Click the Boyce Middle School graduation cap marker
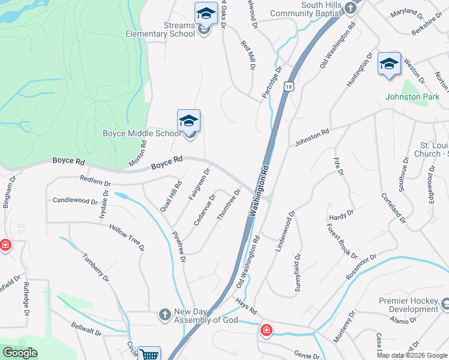tap(188, 121)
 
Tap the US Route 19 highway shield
tap(290, 87)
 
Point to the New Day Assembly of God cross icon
tap(164, 314)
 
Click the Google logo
tap(20, 353)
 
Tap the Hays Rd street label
tap(246, 307)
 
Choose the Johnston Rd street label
tap(312, 138)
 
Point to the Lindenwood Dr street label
tap(286, 231)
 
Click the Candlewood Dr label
tap(75, 200)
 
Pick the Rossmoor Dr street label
tap(361, 268)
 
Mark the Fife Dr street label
tap(338, 165)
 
